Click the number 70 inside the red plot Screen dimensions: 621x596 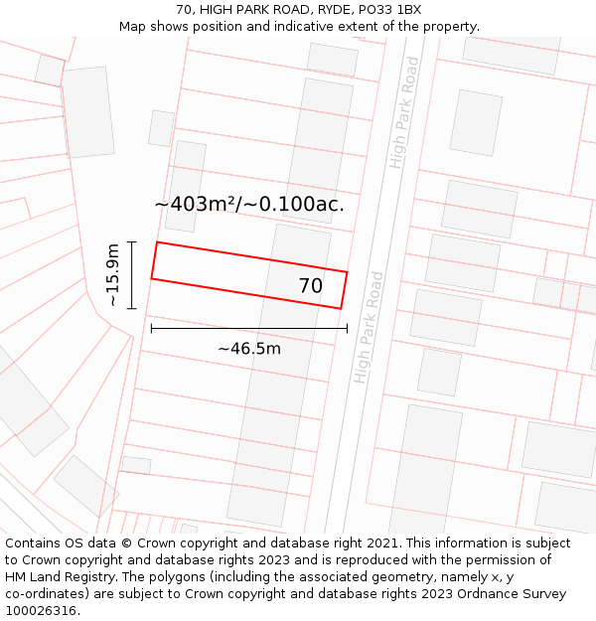click(x=311, y=286)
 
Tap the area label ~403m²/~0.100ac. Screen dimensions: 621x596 click(x=249, y=205)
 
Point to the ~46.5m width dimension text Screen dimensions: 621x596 click(x=248, y=349)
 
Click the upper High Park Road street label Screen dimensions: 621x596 click(x=405, y=112)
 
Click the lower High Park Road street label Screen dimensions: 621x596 click(x=369, y=327)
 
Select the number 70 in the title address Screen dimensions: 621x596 click(x=184, y=10)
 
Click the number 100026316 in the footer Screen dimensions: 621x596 click(x=43, y=611)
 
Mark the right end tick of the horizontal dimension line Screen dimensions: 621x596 click(x=347, y=328)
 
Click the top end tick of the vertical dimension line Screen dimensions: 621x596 click(x=131, y=241)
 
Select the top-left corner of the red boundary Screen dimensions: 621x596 click(x=157, y=242)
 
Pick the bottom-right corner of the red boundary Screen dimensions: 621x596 click(x=341, y=308)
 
